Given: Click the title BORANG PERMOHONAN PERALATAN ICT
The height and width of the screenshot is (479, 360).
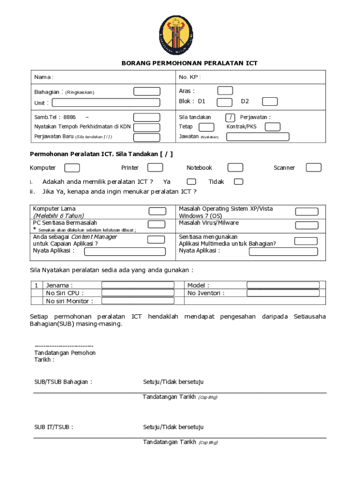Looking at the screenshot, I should pos(189,63).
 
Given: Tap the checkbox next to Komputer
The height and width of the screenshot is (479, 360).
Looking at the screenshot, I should pos(72,168).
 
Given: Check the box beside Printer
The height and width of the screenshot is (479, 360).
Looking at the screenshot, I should pos(155,168).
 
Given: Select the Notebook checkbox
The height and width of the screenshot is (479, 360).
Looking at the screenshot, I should pos(235,168).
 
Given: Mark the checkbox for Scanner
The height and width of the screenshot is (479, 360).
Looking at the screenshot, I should pos(314,168).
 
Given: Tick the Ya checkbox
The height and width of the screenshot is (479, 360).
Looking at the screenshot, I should pos(191,182).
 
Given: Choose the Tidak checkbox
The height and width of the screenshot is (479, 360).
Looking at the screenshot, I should pos(238,182).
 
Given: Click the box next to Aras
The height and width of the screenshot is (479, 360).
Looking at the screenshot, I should pos(225,91).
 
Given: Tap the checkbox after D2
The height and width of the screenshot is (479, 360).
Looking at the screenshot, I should pos(270,102).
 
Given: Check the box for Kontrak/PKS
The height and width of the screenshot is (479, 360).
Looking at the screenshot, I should pos(273,127).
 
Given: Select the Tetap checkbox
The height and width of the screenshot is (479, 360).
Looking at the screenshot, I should pos(207,127).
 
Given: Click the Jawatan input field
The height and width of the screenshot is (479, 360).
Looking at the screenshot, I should pos(258,137).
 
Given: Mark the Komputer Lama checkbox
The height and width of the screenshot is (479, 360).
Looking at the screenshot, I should pos(157,212).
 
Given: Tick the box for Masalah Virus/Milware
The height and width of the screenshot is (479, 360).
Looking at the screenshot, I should pos(307,225).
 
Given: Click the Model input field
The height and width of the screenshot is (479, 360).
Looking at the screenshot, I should pos(283,285).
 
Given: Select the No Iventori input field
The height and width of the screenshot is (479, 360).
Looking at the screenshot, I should pos(283,293).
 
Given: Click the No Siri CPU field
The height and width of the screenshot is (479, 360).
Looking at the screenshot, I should pos(138,293).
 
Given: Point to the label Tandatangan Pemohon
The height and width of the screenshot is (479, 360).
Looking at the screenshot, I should pos(65,353).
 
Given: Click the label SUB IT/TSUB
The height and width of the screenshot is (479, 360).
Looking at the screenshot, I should pos(53,427).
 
